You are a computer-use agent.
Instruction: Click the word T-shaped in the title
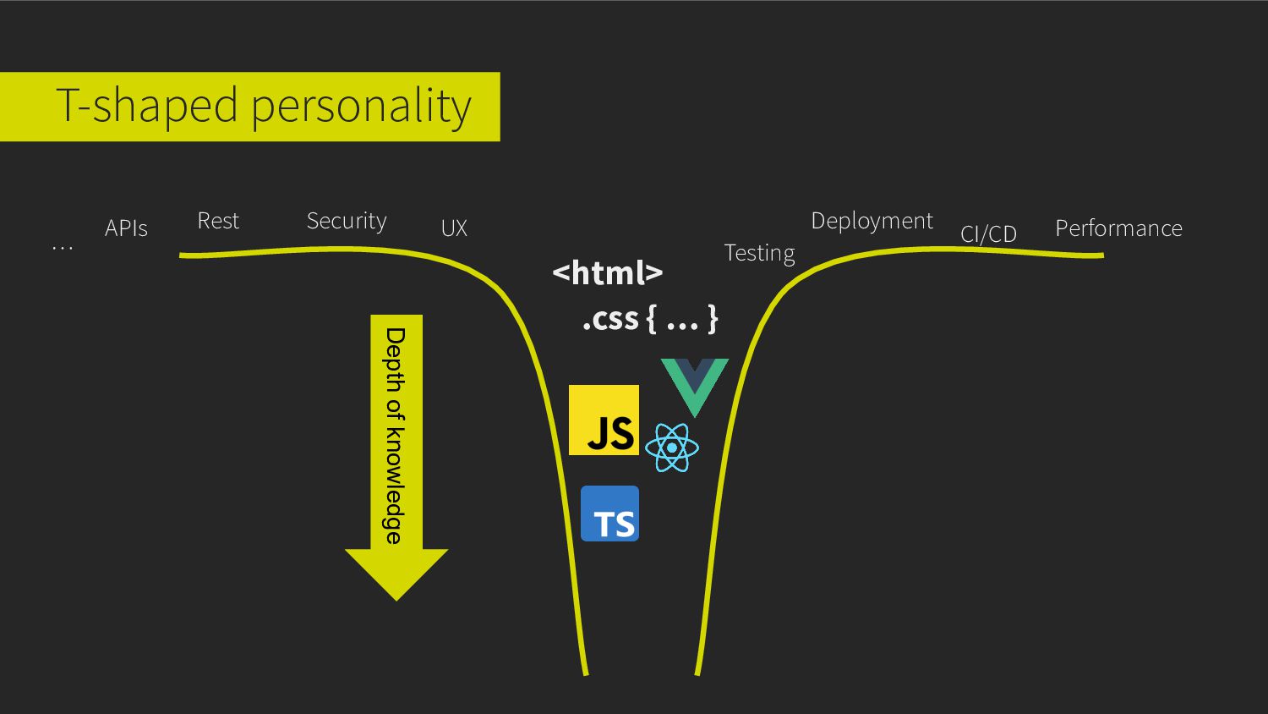pyautogui.click(x=146, y=107)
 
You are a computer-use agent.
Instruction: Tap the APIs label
pyautogui.click(x=126, y=228)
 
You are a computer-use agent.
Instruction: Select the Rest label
pyautogui.click(x=218, y=221)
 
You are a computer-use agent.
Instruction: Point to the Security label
pyautogui.click(x=347, y=221)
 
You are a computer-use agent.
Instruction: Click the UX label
pyautogui.click(x=454, y=228)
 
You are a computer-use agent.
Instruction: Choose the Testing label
pyautogui.click(x=759, y=253)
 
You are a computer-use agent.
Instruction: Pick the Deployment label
pyautogui.click(x=872, y=221)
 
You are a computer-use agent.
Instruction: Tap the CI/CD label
pyautogui.click(x=988, y=233)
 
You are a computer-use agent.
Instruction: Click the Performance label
pyautogui.click(x=1118, y=228)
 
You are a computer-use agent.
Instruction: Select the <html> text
pyautogui.click(x=607, y=272)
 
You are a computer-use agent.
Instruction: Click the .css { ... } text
pyautogui.click(x=650, y=319)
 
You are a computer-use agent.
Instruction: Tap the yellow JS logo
pyautogui.click(x=604, y=420)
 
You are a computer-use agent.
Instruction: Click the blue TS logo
pyautogui.click(x=609, y=514)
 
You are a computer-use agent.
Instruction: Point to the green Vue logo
pyautogui.click(x=694, y=383)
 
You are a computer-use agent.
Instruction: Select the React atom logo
pyautogui.click(x=672, y=448)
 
